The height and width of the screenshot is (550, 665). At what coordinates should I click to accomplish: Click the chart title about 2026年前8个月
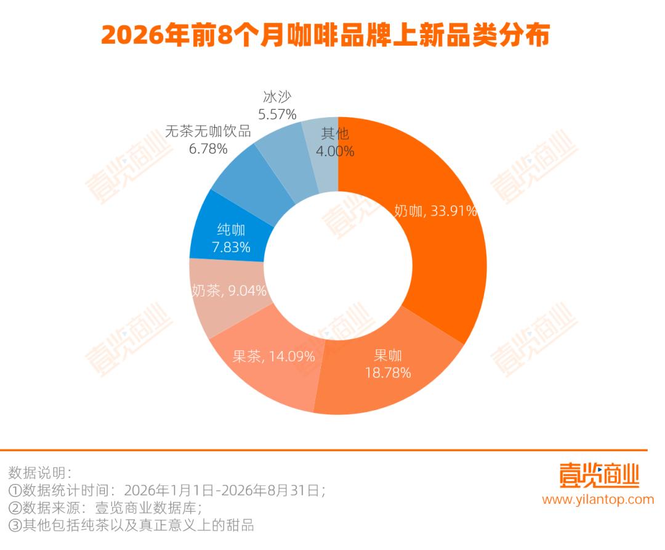coord(325,35)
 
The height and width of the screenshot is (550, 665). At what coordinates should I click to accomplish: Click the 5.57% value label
coord(277,114)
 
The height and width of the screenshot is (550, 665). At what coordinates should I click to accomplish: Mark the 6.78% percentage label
coord(208,149)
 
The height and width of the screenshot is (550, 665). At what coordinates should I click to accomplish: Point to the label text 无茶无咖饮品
coord(208,131)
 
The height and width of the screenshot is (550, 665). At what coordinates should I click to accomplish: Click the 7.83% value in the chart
coord(231,247)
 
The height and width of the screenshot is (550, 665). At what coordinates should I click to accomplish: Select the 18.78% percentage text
coord(388,373)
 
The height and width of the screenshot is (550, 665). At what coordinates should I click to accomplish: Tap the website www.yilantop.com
coord(598,499)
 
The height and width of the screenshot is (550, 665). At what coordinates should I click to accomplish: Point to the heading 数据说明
coord(40,473)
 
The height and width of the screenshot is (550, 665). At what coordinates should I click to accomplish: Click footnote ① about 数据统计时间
coord(167,491)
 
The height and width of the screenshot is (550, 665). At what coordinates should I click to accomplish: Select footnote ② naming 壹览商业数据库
coord(105,508)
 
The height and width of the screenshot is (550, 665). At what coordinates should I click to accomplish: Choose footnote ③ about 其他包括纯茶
coord(132,525)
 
